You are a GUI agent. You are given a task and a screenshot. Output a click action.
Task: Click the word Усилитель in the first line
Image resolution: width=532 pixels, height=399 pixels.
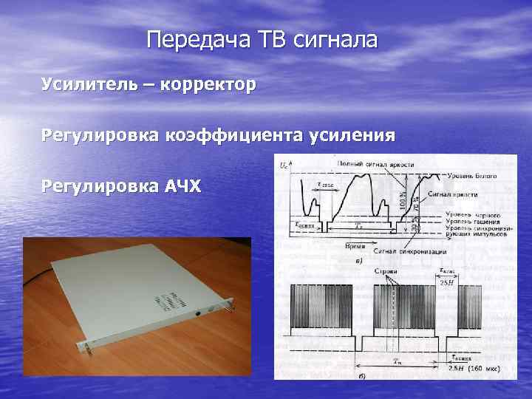click(x=88, y=85)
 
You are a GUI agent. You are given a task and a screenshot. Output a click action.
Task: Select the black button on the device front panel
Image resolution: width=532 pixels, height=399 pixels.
click(x=198, y=313)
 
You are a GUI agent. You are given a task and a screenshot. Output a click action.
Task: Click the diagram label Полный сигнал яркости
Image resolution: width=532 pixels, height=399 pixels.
click(x=375, y=163)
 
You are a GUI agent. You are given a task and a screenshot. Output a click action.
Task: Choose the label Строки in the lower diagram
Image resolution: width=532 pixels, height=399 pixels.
click(x=385, y=271)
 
